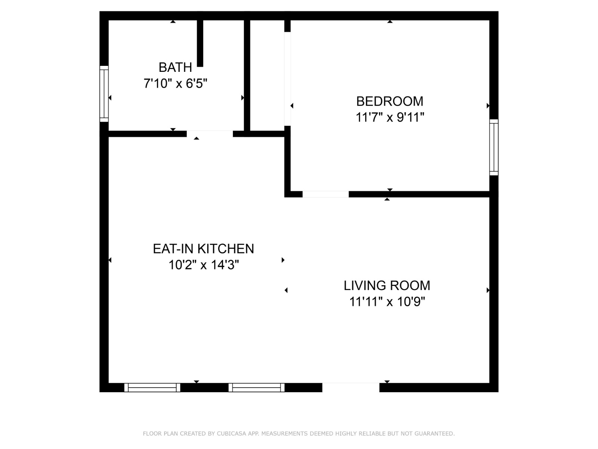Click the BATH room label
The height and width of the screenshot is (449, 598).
(x=175, y=67)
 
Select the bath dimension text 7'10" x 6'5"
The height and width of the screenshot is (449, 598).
(x=175, y=83)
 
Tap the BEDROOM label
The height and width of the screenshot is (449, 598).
(x=389, y=101)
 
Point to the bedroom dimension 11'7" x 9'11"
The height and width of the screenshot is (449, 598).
(x=389, y=117)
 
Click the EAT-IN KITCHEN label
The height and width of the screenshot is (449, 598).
(x=203, y=249)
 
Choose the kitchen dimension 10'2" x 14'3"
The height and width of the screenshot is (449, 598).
(x=203, y=265)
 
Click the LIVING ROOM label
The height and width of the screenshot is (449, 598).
(x=387, y=285)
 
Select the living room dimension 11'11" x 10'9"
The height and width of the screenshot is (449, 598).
(x=387, y=302)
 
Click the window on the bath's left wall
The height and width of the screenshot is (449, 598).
(x=104, y=94)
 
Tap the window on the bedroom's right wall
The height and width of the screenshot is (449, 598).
(x=494, y=147)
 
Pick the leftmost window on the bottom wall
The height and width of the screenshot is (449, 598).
(x=152, y=388)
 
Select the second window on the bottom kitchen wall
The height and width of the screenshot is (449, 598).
(x=256, y=388)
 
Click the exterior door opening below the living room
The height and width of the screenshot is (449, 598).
(x=351, y=388)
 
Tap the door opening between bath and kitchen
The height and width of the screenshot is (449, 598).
(x=210, y=134)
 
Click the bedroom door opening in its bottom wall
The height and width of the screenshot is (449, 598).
(x=326, y=194)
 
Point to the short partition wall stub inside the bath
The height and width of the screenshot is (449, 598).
(x=200, y=43)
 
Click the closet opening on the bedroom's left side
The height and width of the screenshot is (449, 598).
(x=287, y=79)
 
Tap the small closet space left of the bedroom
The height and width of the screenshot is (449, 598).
(x=267, y=75)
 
